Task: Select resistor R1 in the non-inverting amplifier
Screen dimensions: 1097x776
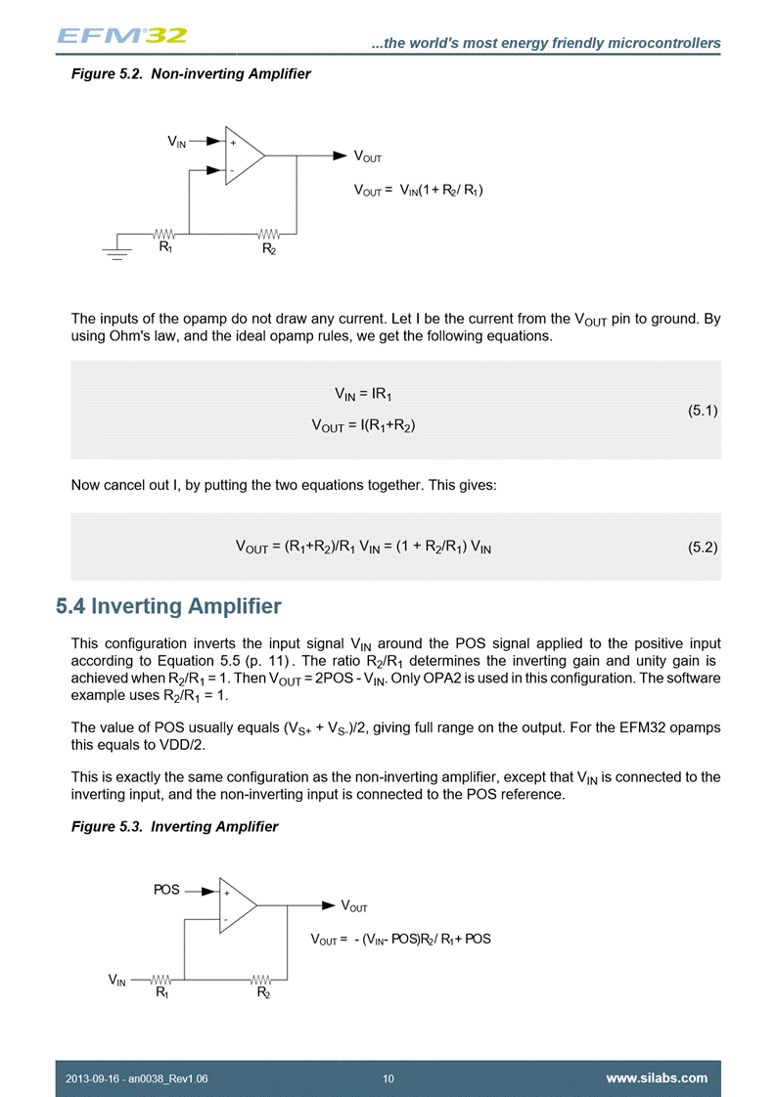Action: click(x=164, y=235)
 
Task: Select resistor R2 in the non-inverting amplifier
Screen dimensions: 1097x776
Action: click(x=269, y=235)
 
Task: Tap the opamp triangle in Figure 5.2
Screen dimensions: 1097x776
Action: click(x=243, y=155)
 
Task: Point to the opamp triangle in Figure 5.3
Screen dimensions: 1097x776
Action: click(x=237, y=906)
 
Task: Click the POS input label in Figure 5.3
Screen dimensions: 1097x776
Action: click(x=166, y=890)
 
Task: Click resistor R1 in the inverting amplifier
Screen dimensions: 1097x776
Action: click(x=161, y=979)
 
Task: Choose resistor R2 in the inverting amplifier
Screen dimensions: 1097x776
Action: click(x=262, y=979)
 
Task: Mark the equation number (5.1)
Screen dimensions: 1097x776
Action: click(x=703, y=411)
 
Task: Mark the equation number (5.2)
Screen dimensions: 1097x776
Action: click(x=703, y=548)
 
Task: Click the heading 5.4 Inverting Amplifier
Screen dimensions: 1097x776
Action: click(x=169, y=607)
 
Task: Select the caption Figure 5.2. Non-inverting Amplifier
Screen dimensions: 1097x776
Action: click(x=191, y=74)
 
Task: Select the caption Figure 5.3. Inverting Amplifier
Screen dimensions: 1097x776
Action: click(x=174, y=827)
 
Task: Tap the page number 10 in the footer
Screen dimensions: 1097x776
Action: click(x=388, y=1078)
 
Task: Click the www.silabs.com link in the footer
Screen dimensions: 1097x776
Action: click(x=657, y=1078)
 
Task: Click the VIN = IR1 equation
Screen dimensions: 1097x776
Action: click(x=370, y=396)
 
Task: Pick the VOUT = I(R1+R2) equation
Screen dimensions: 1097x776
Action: click(x=370, y=425)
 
